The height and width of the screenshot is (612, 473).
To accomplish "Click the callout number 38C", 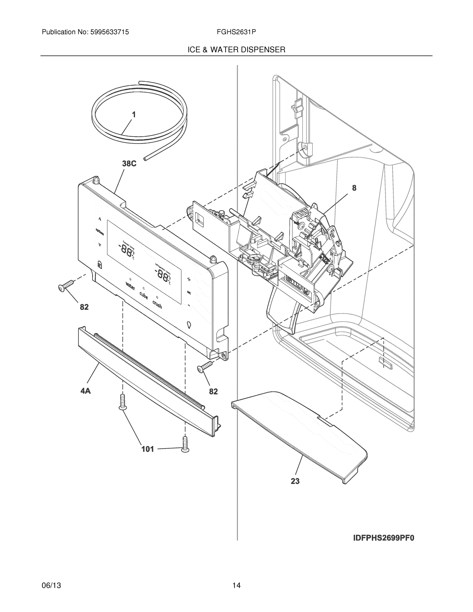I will click(x=129, y=164).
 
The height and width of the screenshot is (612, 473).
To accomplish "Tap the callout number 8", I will click(x=354, y=188).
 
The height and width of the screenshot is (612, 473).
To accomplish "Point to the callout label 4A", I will click(x=85, y=391).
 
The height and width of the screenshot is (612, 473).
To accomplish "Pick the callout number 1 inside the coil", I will click(x=134, y=114).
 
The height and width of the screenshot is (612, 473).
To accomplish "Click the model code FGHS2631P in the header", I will click(x=236, y=32).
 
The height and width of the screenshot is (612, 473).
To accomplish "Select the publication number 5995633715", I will click(x=109, y=32).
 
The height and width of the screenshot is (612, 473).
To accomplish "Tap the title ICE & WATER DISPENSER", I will click(x=236, y=50).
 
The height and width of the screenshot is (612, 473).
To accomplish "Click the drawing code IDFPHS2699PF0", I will click(x=383, y=538).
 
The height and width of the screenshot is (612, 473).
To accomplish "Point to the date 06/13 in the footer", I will click(x=51, y=585).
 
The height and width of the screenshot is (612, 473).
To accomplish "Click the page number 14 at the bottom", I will click(x=236, y=585).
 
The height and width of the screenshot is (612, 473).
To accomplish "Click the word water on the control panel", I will click(x=130, y=286).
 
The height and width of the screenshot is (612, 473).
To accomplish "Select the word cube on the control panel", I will click(x=144, y=295).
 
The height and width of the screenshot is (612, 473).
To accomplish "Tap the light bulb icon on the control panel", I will click(x=189, y=325).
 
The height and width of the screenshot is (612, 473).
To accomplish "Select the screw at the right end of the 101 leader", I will click(x=185, y=444).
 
